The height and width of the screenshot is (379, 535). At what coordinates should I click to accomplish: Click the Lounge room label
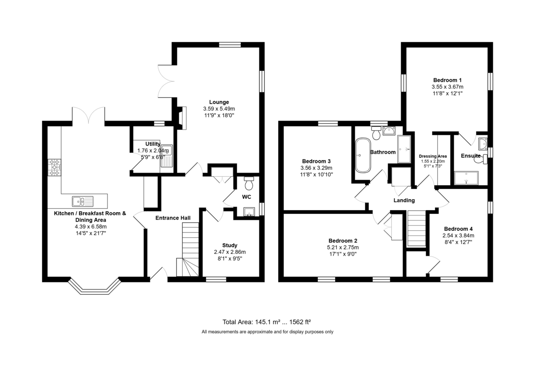[x=219, y=102]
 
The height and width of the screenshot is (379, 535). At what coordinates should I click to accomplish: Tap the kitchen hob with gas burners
[x=54, y=167]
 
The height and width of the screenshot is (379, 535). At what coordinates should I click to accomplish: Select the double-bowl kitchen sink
[x=82, y=201]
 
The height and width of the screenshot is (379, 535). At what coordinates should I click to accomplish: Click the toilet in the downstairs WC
[x=249, y=183]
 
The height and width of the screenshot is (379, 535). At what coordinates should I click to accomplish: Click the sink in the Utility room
[x=167, y=155]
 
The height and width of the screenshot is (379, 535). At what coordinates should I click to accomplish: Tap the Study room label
[x=230, y=245]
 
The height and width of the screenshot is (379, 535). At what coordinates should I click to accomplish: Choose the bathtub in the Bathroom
[x=363, y=155]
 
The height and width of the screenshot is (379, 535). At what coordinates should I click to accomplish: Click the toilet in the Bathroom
[x=376, y=133]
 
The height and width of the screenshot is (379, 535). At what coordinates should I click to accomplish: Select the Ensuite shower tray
[x=466, y=178]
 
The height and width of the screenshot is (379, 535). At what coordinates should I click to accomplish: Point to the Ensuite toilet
[x=481, y=159]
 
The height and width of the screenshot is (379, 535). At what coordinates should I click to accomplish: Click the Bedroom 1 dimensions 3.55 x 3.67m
[x=447, y=87]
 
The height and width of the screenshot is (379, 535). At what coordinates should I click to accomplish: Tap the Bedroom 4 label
[x=458, y=229]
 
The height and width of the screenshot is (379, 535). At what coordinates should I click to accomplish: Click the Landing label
[x=404, y=200]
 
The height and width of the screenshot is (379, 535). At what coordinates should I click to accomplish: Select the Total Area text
[x=267, y=322]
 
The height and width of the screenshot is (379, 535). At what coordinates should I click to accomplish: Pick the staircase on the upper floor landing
[x=416, y=228]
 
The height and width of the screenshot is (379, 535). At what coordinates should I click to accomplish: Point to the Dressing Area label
[x=433, y=156]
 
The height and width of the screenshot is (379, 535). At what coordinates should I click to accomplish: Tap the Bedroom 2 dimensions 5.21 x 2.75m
[x=343, y=248]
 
